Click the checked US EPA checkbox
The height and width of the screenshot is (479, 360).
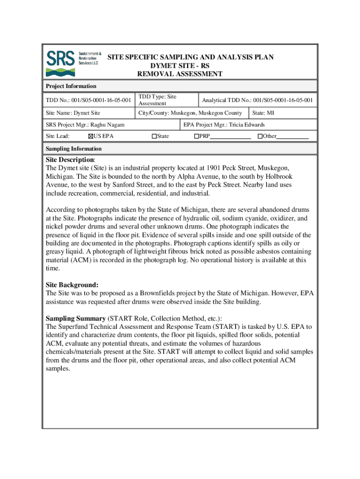tap(90, 137)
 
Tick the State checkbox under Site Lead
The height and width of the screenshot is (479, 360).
tap(154, 137)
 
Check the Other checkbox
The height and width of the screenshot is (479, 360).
tap(259, 137)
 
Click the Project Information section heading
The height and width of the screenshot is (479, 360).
tap(71, 86)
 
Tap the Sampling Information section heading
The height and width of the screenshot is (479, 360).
tap(73, 149)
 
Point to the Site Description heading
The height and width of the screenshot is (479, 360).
tap(69, 160)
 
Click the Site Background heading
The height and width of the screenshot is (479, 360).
tap(72, 284)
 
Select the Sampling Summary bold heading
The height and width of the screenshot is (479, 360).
tap(75, 318)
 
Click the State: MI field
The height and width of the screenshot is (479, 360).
tap(263, 113)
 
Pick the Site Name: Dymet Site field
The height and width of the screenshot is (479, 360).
tap(72, 113)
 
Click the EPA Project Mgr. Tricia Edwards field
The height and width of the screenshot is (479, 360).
tap(224, 124)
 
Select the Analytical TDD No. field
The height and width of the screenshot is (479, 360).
tap(257, 100)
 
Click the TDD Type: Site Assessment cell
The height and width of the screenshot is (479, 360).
tap(157, 100)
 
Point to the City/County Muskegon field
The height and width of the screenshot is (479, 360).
tap(190, 113)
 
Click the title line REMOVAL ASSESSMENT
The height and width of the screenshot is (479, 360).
tap(180, 74)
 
